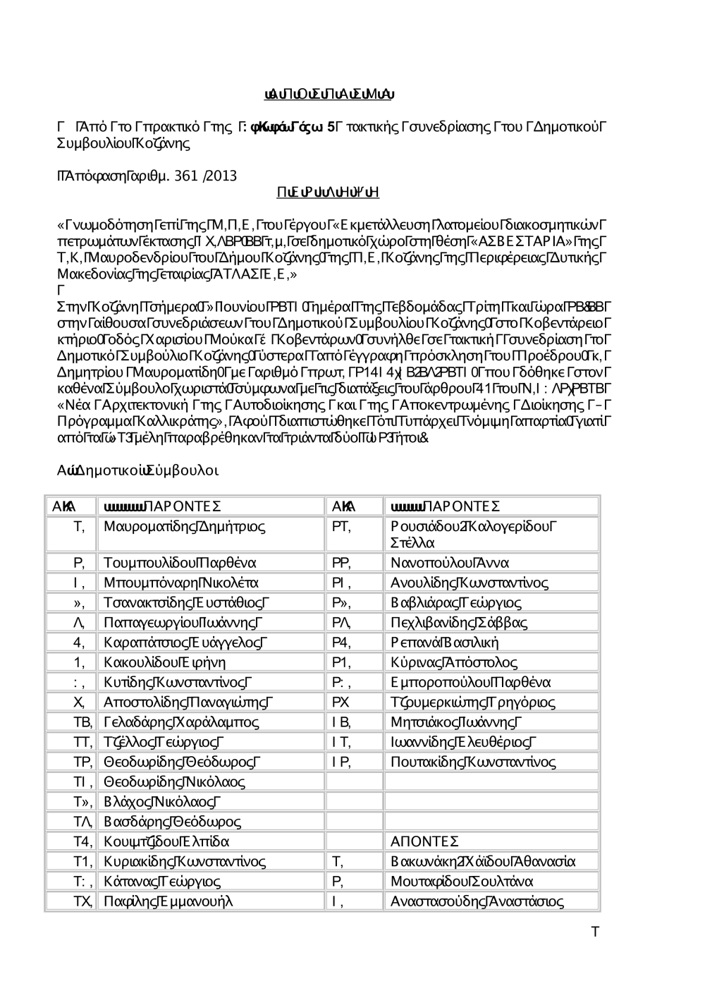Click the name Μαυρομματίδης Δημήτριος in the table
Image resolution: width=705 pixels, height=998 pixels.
click(x=185, y=526)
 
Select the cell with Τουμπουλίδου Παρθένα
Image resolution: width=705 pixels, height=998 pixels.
click(x=180, y=563)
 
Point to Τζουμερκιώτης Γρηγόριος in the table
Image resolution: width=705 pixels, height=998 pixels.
click(x=473, y=702)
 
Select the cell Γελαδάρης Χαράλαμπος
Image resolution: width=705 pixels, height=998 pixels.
click(x=181, y=722)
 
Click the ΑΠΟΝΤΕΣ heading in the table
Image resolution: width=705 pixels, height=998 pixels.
click(x=425, y=841)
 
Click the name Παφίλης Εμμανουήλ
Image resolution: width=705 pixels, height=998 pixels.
click(x=168, y=901)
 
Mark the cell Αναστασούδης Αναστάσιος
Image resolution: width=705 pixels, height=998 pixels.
click(x=477, y=901)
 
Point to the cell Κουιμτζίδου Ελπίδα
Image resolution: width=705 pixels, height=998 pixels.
click(x=166, y=841)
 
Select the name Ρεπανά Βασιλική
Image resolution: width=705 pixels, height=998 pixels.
click(x=445, y=643)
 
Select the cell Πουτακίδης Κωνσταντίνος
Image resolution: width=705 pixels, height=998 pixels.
click(x=473, y=762)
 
